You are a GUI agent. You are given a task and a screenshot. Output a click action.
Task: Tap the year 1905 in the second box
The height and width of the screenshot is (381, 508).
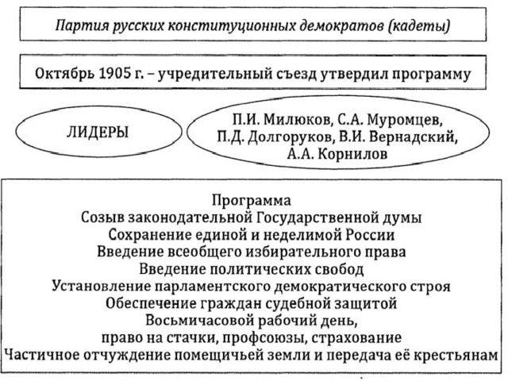pyautogui.click(x=113, y=74)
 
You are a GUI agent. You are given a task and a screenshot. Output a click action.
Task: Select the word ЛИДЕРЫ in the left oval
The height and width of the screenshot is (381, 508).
pyautogui.click(x=97, y=133)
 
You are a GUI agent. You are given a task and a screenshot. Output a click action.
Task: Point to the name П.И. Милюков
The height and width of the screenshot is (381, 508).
pyautogui.click(x=282, y=120)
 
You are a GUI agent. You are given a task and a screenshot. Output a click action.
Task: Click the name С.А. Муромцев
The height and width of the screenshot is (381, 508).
pyautogui.click(x=390, y=120)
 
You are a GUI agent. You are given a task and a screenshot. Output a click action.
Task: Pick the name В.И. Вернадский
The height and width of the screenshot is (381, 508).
pyautogui.click(x=398, y=137)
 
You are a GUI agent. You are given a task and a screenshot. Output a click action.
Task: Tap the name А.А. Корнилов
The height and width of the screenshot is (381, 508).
pyautogui.click(x=337, y=154)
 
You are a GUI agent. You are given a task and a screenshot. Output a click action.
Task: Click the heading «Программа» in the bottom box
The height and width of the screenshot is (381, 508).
pyautogui.click(x=252, y=200)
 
